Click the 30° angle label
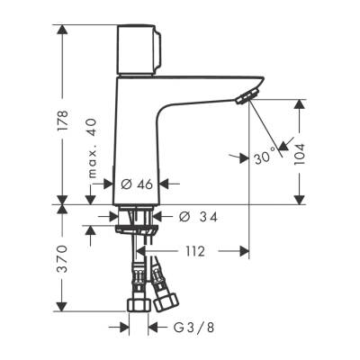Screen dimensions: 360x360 (x=264, y=157)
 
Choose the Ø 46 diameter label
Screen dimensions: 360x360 (x=137, y=184)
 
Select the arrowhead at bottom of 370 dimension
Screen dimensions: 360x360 (x=62, y=310)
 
